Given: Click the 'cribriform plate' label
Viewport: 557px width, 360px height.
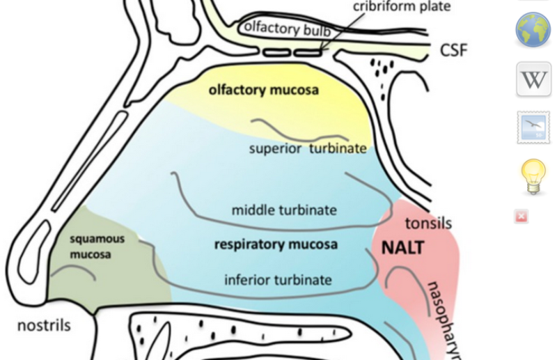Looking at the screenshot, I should tap(401, 6).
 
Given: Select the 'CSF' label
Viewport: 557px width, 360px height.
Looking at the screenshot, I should tap(453, 49).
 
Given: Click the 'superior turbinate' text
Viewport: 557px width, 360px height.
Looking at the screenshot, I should tap(308, 148).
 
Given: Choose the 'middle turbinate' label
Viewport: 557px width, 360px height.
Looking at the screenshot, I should tap(284, 209).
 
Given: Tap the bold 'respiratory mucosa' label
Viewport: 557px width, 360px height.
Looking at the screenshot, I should tap(276, 244).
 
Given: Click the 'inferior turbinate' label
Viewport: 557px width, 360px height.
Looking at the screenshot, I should tap(277, 280).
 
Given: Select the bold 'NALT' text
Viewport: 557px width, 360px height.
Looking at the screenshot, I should tap(402, 248).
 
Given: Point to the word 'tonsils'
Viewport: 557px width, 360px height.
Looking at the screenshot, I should tap(427, 223).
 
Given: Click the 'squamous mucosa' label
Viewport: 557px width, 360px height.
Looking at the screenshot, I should tap(97, 246).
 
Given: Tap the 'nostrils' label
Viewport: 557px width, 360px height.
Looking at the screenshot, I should tap(44, 325).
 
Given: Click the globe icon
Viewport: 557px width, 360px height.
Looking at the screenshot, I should tap(533, 29).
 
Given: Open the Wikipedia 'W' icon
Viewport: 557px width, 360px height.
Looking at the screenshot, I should tap(533, 79).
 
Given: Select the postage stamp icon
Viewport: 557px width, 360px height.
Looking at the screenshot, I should tap(533, 127).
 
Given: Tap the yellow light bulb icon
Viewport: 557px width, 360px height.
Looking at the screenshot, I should tap(533, 176).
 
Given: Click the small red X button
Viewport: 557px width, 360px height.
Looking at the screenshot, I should tap(521, 217).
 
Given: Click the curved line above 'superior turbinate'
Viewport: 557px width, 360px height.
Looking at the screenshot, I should tap(299, 130).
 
